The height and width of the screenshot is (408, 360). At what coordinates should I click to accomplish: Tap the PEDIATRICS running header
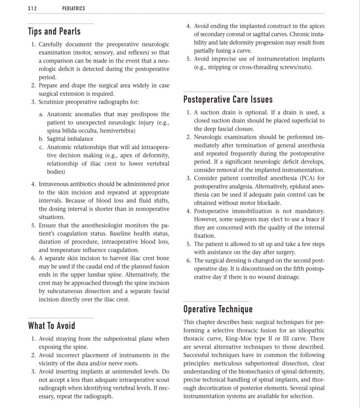74,8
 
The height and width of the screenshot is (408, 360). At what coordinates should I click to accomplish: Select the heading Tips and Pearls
54,31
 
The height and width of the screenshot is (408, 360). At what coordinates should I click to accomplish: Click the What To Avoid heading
51,326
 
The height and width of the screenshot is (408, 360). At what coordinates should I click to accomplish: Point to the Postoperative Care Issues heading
228,99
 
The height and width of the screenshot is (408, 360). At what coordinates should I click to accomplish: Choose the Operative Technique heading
218,309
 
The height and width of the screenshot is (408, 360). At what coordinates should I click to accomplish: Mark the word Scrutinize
53,102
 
